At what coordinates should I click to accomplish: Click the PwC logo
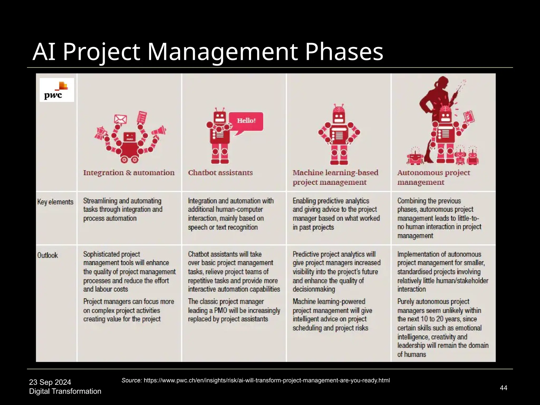point(57,90)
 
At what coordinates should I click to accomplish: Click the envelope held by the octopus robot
point(120,119)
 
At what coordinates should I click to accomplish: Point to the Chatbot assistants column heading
point(220,173)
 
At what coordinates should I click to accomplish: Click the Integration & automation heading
point(129,173)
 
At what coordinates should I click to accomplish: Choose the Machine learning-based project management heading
point(335,177)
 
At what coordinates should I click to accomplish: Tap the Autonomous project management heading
point(433,177)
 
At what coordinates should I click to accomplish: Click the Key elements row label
point(55,202)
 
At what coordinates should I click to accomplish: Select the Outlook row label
point(47,255)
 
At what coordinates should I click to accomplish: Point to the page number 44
point(503,388)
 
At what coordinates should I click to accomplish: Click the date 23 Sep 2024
point(50,382)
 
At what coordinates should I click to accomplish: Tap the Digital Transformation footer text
point(65,391)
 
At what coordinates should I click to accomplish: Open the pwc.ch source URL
point(267,380)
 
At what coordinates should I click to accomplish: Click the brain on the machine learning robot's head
point(339,108)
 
